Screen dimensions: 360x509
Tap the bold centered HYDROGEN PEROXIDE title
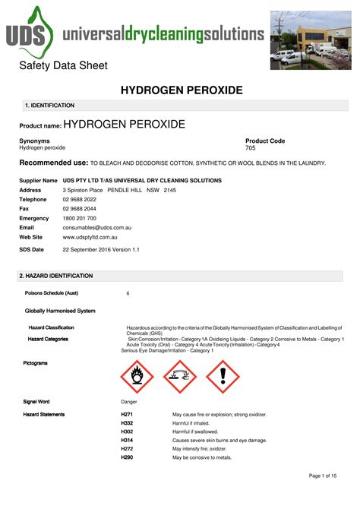coord(182,90)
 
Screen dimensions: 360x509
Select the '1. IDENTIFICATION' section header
coord(50,106)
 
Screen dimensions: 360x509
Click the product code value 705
coord(251,147)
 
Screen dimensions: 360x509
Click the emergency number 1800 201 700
coord(79,218)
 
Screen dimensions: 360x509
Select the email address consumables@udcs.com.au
coord(97,227)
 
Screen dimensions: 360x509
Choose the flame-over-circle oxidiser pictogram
coord(137,376)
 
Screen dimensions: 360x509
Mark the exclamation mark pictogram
coord(223,376)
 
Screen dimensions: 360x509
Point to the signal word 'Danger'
coord(130,401)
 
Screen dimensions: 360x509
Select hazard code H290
coord(127,457)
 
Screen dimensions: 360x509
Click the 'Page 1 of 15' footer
coord(327,476)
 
